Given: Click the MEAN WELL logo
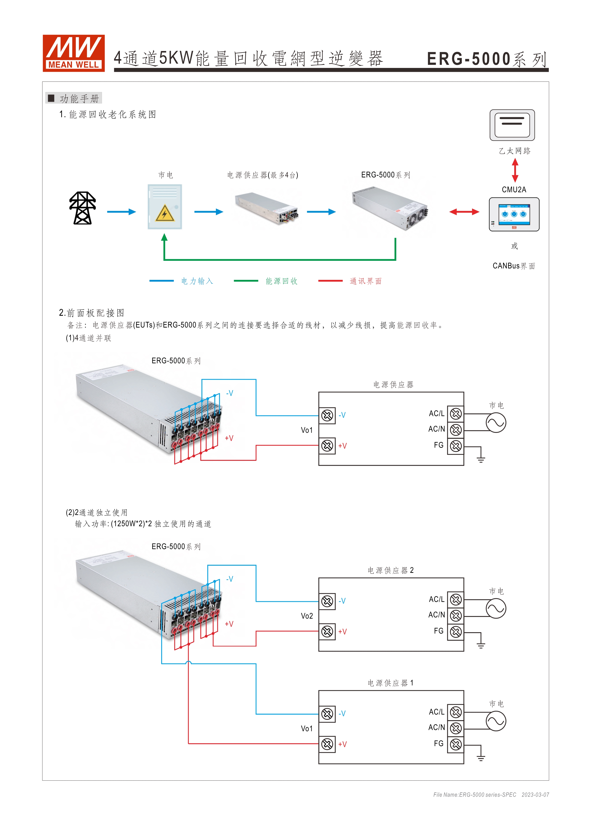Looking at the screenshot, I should coord(73,53).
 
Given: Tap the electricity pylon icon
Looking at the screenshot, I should coord(83,208).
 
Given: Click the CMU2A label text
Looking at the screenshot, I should coord(514,190).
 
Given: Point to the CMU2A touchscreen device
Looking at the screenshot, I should coord(514,215).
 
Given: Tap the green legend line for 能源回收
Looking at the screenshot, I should coord(246,281).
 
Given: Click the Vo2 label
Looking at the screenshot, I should coord(307,616).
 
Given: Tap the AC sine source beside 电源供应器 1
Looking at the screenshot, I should coord(496,721).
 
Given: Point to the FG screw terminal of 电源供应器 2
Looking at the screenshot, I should coord(456,632).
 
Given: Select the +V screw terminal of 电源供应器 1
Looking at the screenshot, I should coord(327,744).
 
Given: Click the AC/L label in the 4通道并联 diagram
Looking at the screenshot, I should coord(436,414).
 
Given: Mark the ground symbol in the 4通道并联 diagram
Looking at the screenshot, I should coord(481,459).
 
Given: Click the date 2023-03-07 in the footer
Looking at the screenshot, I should coord(535,795).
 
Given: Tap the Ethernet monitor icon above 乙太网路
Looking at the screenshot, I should coord(512,125).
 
